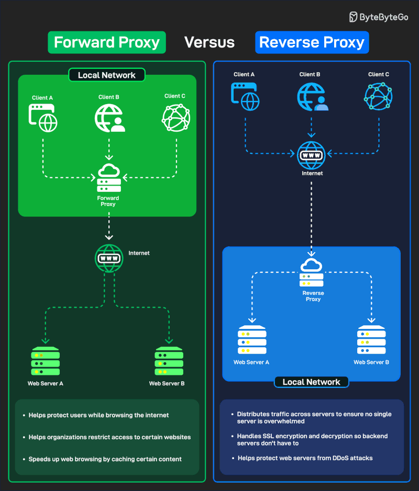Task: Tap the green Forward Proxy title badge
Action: (x=107, y=42)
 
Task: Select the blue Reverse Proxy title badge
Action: (x=312, y=42)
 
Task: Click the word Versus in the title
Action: (x=210, y=42)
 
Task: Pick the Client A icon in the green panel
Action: (x=43, y=118)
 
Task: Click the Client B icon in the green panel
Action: (x=109, y=118)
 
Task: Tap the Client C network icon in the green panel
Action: (x=175, y=118)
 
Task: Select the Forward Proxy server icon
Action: (x=109, y=178)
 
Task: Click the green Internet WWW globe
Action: (x=109, y=258)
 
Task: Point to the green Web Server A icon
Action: (x=46, y=360)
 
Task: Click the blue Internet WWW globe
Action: (x=312, y=154)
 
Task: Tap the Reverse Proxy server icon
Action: (x=312, y=272)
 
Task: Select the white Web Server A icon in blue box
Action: (x=252, y=340)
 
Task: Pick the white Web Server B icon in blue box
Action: (x=371, y=340)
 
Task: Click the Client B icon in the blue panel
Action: (x=312, y=97)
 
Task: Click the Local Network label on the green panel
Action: (x=107, y=75)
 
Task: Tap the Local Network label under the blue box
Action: (x=311, y=382)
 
